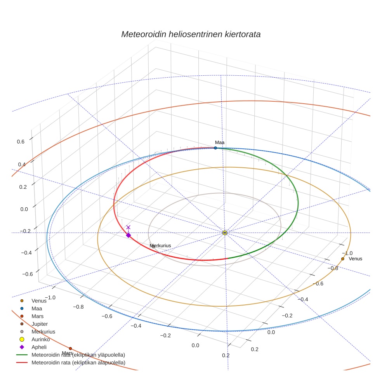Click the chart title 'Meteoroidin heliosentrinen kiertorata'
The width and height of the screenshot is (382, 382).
point(191,34)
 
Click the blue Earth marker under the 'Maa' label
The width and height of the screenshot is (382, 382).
point(215,148)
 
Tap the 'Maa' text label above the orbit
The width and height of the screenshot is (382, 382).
point(220,142)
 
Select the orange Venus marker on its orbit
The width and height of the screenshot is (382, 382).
point(342,259)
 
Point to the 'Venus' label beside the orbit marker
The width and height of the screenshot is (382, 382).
point(355,259)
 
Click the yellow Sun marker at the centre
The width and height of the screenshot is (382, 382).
point(225,233)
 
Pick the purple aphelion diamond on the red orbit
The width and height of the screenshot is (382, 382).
point(128,235)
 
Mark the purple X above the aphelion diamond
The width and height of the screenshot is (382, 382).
point(128,227)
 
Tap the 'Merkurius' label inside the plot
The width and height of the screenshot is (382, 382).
point(160,246)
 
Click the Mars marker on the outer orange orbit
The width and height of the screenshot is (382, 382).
point(70,349)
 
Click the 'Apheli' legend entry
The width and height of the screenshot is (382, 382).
point(39,347)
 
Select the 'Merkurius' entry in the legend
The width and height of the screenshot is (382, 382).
point(43,332)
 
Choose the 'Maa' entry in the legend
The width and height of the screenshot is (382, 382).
point(37,308)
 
